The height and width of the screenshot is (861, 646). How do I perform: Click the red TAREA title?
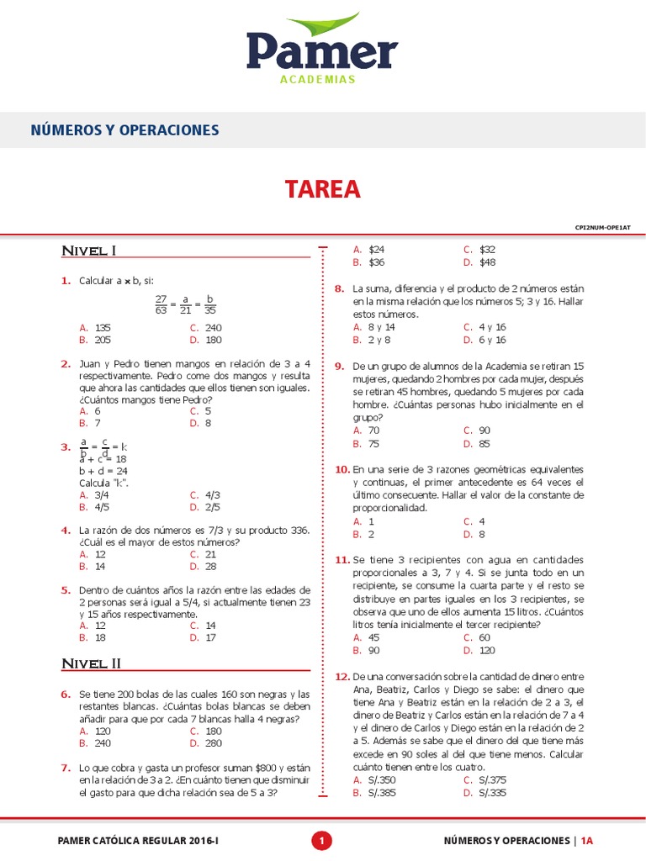point(322,189)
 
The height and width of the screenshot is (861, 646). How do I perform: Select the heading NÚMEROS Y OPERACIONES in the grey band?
point(124,130)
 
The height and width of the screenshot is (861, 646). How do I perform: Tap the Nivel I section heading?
point(88,251)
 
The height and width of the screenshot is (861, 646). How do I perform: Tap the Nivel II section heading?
point(92,663)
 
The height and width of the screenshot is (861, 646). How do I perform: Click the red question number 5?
point(65,590)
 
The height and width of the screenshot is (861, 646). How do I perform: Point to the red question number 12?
point(342,676)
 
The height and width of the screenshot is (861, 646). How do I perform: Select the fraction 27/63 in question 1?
point(161,304)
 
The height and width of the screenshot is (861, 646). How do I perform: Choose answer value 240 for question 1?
point(213,328)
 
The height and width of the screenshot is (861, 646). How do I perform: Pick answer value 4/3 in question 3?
point(212,495)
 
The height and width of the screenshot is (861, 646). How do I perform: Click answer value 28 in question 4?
point(210,567)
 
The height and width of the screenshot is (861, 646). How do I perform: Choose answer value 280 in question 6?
point(213,743)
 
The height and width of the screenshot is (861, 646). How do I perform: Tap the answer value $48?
point(487,262)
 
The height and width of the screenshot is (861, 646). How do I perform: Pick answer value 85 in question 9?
point(484,443)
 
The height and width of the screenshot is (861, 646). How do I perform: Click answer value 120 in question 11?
point(488,650)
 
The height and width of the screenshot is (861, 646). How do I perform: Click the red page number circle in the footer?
point(322,840)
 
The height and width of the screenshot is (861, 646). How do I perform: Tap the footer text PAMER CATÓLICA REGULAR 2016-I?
point(138,840)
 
